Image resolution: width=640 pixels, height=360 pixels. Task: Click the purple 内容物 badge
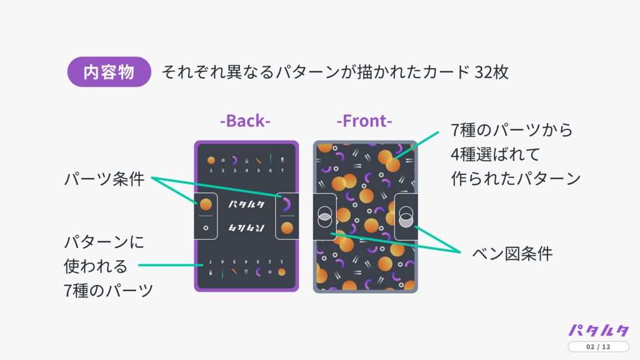pos(109,72)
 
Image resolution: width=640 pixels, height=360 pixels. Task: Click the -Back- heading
pos(245,121)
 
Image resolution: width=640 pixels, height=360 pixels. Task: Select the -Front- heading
pos(364,121)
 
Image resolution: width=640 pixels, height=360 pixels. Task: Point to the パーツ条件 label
pos(104,180)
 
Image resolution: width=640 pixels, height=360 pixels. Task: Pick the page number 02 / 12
pos(598,347)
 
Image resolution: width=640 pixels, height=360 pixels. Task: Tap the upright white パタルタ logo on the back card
pos(246,204)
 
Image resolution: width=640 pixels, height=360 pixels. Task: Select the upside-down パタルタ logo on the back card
pos(246,227)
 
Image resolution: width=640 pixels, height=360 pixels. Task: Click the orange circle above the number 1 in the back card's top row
pos(211,160)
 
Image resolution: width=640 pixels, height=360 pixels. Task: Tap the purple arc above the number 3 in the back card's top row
pos(234,160)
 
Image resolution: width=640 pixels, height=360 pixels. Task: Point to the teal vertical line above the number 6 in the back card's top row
pos(270,159)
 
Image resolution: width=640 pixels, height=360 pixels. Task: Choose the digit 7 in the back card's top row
pos(282,170)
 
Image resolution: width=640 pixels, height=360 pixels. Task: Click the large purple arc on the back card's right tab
pos(286,204)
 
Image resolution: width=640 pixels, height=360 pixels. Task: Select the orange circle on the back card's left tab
pos(206,204)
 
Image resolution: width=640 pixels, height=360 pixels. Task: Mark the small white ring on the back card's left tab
pos(206,227)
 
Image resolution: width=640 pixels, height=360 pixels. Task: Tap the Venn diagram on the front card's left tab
pos(324,216)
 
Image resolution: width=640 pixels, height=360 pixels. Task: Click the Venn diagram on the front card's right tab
pos(406,216)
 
